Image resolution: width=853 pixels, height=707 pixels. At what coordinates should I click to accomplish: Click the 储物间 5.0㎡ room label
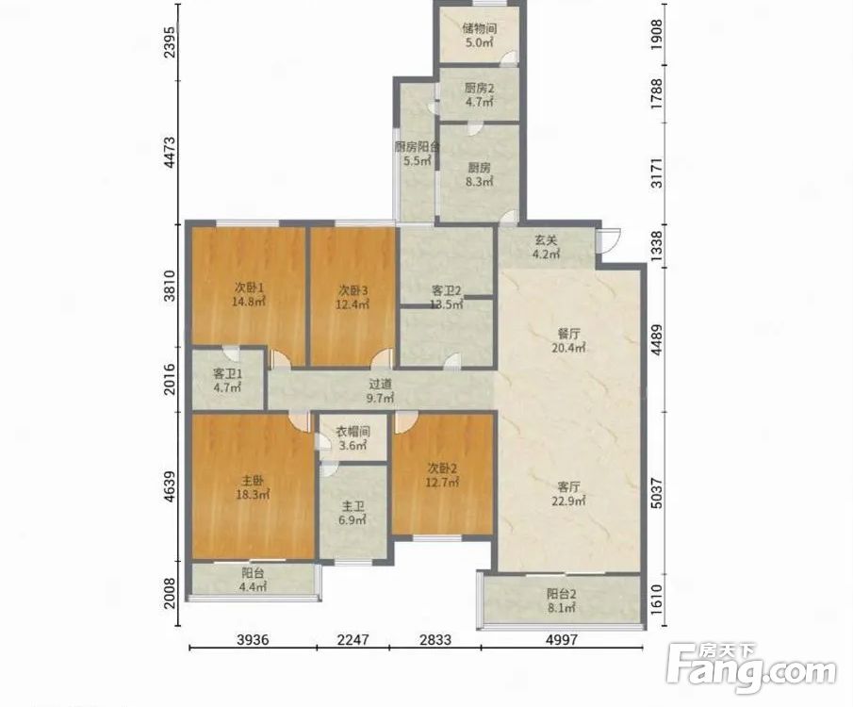point(479,35)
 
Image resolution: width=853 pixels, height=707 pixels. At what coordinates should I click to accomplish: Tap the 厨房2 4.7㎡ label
point(479,94)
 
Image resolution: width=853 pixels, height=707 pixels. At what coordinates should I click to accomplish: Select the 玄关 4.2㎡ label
point(546,247)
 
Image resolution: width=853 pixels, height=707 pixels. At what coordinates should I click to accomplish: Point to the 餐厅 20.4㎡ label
point(568,340)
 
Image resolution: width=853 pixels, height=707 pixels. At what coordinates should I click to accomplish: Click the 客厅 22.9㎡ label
point(568,494)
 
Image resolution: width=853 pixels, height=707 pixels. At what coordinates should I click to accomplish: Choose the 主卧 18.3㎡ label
point(253,487)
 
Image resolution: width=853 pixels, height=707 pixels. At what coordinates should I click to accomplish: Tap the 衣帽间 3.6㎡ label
point(353,438)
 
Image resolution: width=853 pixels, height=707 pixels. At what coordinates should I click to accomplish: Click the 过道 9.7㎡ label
point(380,391)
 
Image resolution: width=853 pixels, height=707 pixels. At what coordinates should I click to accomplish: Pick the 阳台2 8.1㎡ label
point(562,600)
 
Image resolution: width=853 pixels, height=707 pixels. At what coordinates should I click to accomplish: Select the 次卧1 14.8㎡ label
point(249,294)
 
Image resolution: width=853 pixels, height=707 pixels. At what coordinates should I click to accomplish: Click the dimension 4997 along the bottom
point(562,639)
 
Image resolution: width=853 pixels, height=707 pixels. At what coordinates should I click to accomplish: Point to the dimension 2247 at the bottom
point(353,639)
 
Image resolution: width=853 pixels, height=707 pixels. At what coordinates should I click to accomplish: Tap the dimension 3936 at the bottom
point(253,639)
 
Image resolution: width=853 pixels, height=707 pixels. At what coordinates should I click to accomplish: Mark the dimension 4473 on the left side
point(171,153)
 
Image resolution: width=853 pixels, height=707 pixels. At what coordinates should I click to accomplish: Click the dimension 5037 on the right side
point(657,493)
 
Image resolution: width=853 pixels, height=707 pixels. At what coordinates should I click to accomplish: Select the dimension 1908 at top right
point(657,35)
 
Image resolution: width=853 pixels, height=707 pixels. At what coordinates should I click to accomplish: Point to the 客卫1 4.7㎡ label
point(227,381)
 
